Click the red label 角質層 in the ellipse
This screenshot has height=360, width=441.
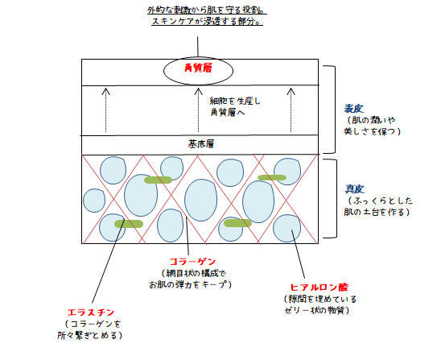coord(198,68)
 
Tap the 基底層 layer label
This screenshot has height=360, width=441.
coord(201,144)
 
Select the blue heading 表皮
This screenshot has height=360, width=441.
coord(354,109)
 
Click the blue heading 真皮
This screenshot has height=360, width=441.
coord(355,189)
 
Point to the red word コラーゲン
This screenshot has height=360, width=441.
coord(192,262)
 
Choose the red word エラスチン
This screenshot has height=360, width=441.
coord(91,312)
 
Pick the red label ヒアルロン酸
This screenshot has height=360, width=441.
coord(319,288)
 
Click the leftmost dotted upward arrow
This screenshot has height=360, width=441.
coord(105,110)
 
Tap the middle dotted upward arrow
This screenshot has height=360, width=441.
coord(198,110)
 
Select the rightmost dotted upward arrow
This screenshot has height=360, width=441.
coord(291,110)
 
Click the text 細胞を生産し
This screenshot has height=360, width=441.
coord(235,101)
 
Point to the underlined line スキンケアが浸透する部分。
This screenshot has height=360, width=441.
coord(208,22)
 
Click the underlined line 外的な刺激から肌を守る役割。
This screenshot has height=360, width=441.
coord(207,10)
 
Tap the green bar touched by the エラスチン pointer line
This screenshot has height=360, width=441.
coord(129,224)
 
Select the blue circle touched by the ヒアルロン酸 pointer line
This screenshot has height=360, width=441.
coord(286,228)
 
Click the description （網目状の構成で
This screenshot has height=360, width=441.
coord(194,273)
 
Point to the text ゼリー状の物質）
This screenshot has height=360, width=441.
coord(317,310)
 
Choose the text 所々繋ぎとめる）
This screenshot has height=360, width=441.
coord(90,335)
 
